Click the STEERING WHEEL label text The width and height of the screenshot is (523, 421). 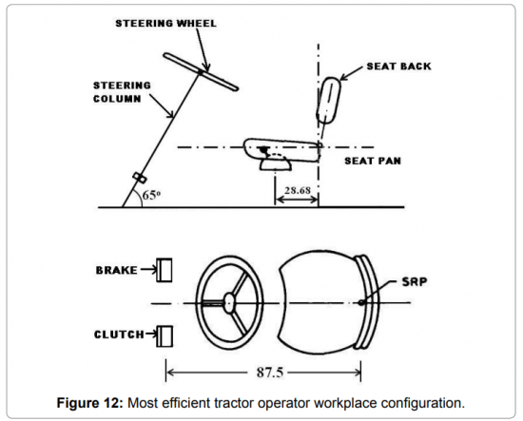coord(165,24)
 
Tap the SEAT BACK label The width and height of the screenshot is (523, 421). coord(399,67)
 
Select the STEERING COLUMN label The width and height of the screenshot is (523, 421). coord(122,92)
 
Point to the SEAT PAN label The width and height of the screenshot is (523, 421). coord(373,161)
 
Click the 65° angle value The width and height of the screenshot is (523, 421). coord(151,195)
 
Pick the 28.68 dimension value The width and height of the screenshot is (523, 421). coord(298,190)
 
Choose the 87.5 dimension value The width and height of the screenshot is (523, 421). coord(270,372)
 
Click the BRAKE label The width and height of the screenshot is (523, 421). coord(116,270)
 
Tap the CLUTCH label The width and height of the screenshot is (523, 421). coord(119,335)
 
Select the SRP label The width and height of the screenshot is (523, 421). coord(415,282)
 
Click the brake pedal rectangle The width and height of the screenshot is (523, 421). coord(165,270)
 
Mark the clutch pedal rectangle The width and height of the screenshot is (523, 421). coord(165,336)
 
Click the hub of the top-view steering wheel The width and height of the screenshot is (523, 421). coord(229,302)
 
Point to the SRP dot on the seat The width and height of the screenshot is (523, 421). coord(361,302)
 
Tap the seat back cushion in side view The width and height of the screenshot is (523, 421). coord(329,101)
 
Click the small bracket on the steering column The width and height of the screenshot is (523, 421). coord(140,178)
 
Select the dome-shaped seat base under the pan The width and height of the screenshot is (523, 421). coord(276,164)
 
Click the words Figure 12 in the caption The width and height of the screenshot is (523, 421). coord(90,403)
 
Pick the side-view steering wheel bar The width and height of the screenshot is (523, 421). coord(201,72)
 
